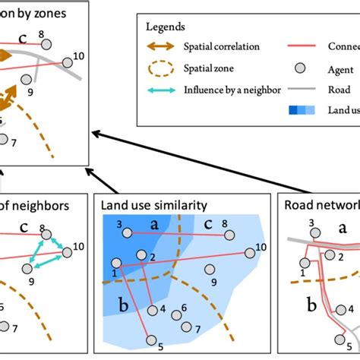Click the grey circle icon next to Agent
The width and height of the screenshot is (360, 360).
pyautogui.click(x=301, y=68)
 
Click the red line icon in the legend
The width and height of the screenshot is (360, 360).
pyautogui.click(x=301, y=46)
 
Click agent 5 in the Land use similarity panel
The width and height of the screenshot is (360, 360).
pyautogui.click(x=151, y=340)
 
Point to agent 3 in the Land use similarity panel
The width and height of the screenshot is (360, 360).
pyautogui.click(x=128, y=232)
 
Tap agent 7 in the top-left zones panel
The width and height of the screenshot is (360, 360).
pyautogui.click(x=5, y=139)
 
